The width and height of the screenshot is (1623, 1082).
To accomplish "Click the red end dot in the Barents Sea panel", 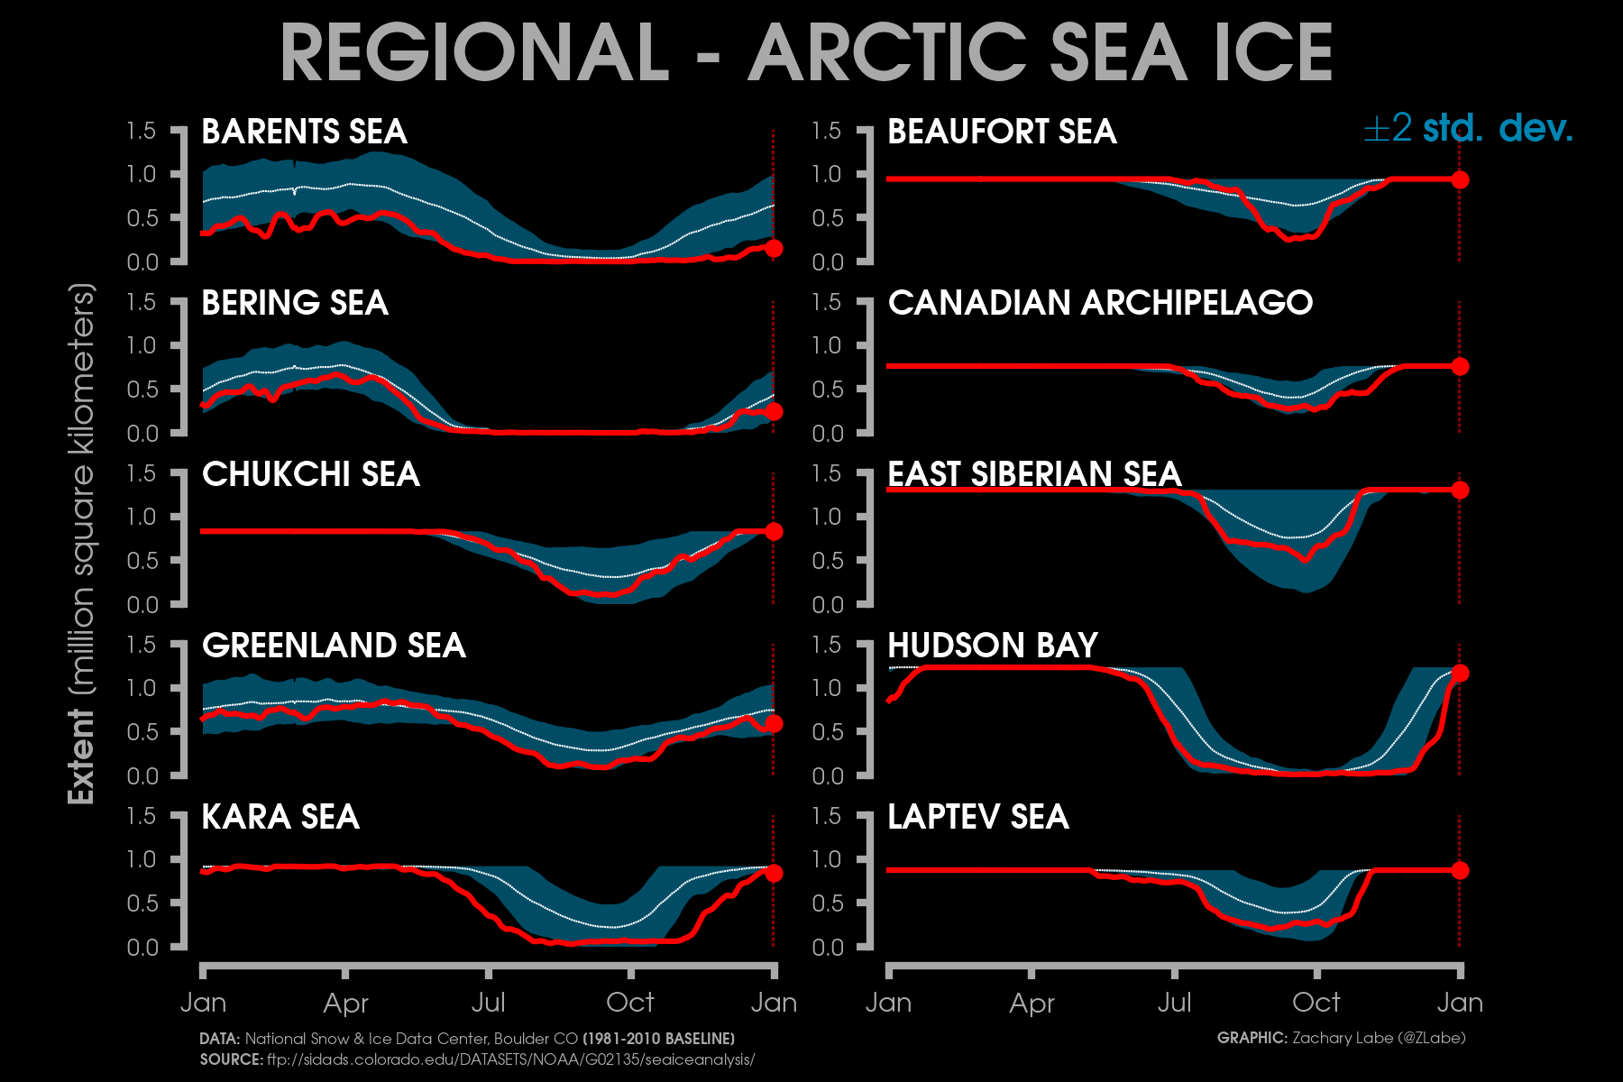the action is [x=774, y=249].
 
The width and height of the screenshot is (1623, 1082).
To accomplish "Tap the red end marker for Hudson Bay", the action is [x=1460, y=673].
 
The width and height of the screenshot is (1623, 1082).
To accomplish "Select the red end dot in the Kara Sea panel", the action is [x=774, y=873].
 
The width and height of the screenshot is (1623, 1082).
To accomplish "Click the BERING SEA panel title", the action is [x=295, y=303].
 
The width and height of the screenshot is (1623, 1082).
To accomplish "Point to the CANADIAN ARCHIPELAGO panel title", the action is [x=1100, y=303].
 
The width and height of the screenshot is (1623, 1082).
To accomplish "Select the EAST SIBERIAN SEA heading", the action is [x=1034, y=474].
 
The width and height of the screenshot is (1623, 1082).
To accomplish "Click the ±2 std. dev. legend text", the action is [x=1468, y=129].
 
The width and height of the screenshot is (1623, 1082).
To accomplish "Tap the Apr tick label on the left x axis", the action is [x=345, y=1003].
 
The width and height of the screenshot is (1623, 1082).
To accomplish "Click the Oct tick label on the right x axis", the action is [x=1316, y=1002].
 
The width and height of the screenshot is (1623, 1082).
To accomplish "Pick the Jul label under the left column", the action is [x=488, y=1002].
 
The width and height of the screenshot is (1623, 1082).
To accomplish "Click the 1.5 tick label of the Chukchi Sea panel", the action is [x=142, y=473].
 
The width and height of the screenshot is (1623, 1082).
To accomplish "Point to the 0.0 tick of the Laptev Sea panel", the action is [x=828, y=947].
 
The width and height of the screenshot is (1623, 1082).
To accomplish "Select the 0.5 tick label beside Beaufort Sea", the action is [x=828, y=218].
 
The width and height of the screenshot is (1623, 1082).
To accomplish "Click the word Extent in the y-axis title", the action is [x=81, y=756].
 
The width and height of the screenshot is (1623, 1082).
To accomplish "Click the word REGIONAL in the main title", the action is [x=474, y=52].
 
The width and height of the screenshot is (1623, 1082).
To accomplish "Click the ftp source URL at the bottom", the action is [x=510, y=1059].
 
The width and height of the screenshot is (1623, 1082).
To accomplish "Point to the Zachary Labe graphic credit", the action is [x=1342, y=1038].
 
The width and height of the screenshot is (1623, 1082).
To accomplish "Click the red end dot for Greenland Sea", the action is [x=774, y=723].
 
